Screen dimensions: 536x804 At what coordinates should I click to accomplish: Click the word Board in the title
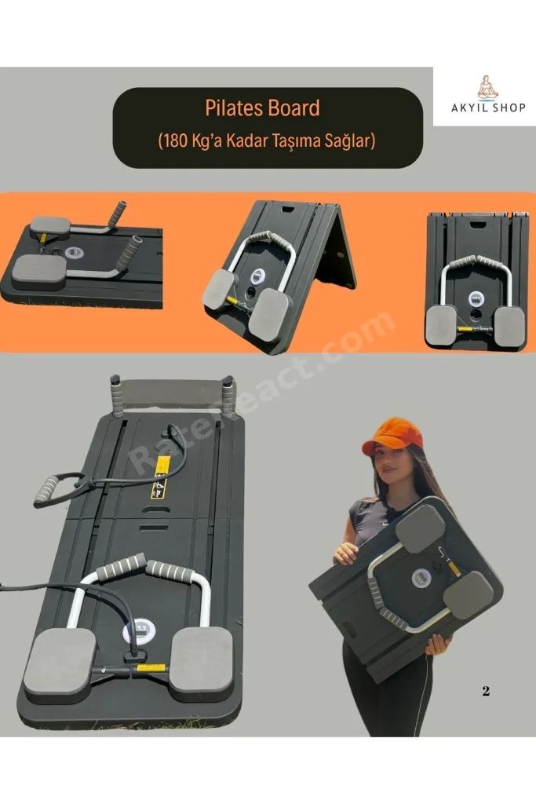[x=294, y=108]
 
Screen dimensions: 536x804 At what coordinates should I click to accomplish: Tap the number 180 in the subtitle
[x=175, y=141]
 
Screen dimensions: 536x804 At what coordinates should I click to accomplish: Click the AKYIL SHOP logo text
[x=488, y=108]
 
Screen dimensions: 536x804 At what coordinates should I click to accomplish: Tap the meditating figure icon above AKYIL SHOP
[x=487, y=87]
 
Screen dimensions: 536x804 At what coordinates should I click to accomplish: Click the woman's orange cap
[x=392, y=433]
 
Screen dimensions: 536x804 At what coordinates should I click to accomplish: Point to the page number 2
[x=486, y=691]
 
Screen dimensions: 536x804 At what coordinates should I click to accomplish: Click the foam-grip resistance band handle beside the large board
[x=46, y=490]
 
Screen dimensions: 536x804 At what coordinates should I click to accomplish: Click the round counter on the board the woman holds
[x=421, y=578]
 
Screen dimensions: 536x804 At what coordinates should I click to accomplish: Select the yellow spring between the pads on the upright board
[x=468, y=329]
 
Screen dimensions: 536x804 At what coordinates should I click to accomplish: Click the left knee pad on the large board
[x=60, y=661]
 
